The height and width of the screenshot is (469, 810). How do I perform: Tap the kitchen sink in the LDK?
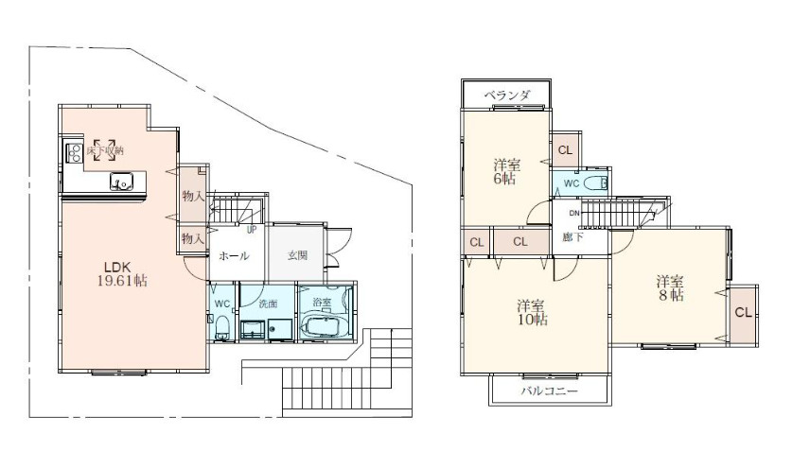(121, 182)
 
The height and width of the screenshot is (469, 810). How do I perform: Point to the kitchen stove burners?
(73, 152)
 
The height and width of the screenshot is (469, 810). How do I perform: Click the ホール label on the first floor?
(234, 255)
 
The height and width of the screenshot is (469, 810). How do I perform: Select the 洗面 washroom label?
(270, 304)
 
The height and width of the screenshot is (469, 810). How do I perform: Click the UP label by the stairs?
(252, 229)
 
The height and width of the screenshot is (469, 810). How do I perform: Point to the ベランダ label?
(506, 96)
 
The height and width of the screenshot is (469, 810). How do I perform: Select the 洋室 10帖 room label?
(531, 312)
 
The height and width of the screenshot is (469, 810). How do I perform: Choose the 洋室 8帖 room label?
(672, 287)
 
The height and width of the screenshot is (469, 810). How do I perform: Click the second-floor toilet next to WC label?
(593, 183)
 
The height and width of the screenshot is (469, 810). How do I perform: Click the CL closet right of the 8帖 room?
(743, 313)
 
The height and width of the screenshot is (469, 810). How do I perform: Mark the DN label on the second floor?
(561, 213)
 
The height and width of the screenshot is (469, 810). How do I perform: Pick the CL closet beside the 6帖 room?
(565, 149)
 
